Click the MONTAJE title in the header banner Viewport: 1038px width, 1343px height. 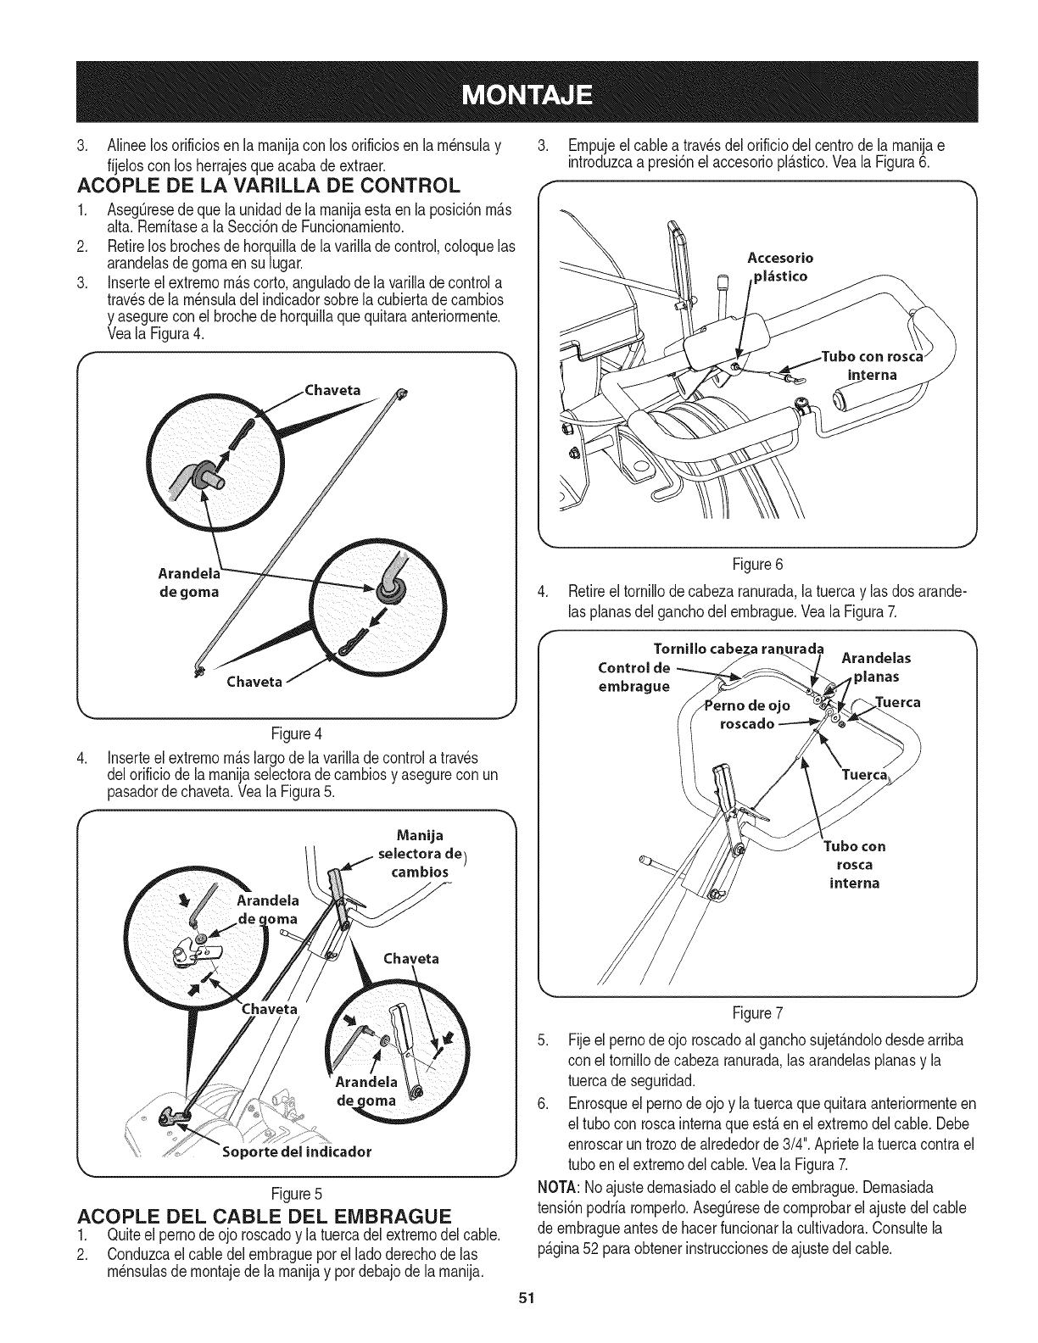pos(518,92)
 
